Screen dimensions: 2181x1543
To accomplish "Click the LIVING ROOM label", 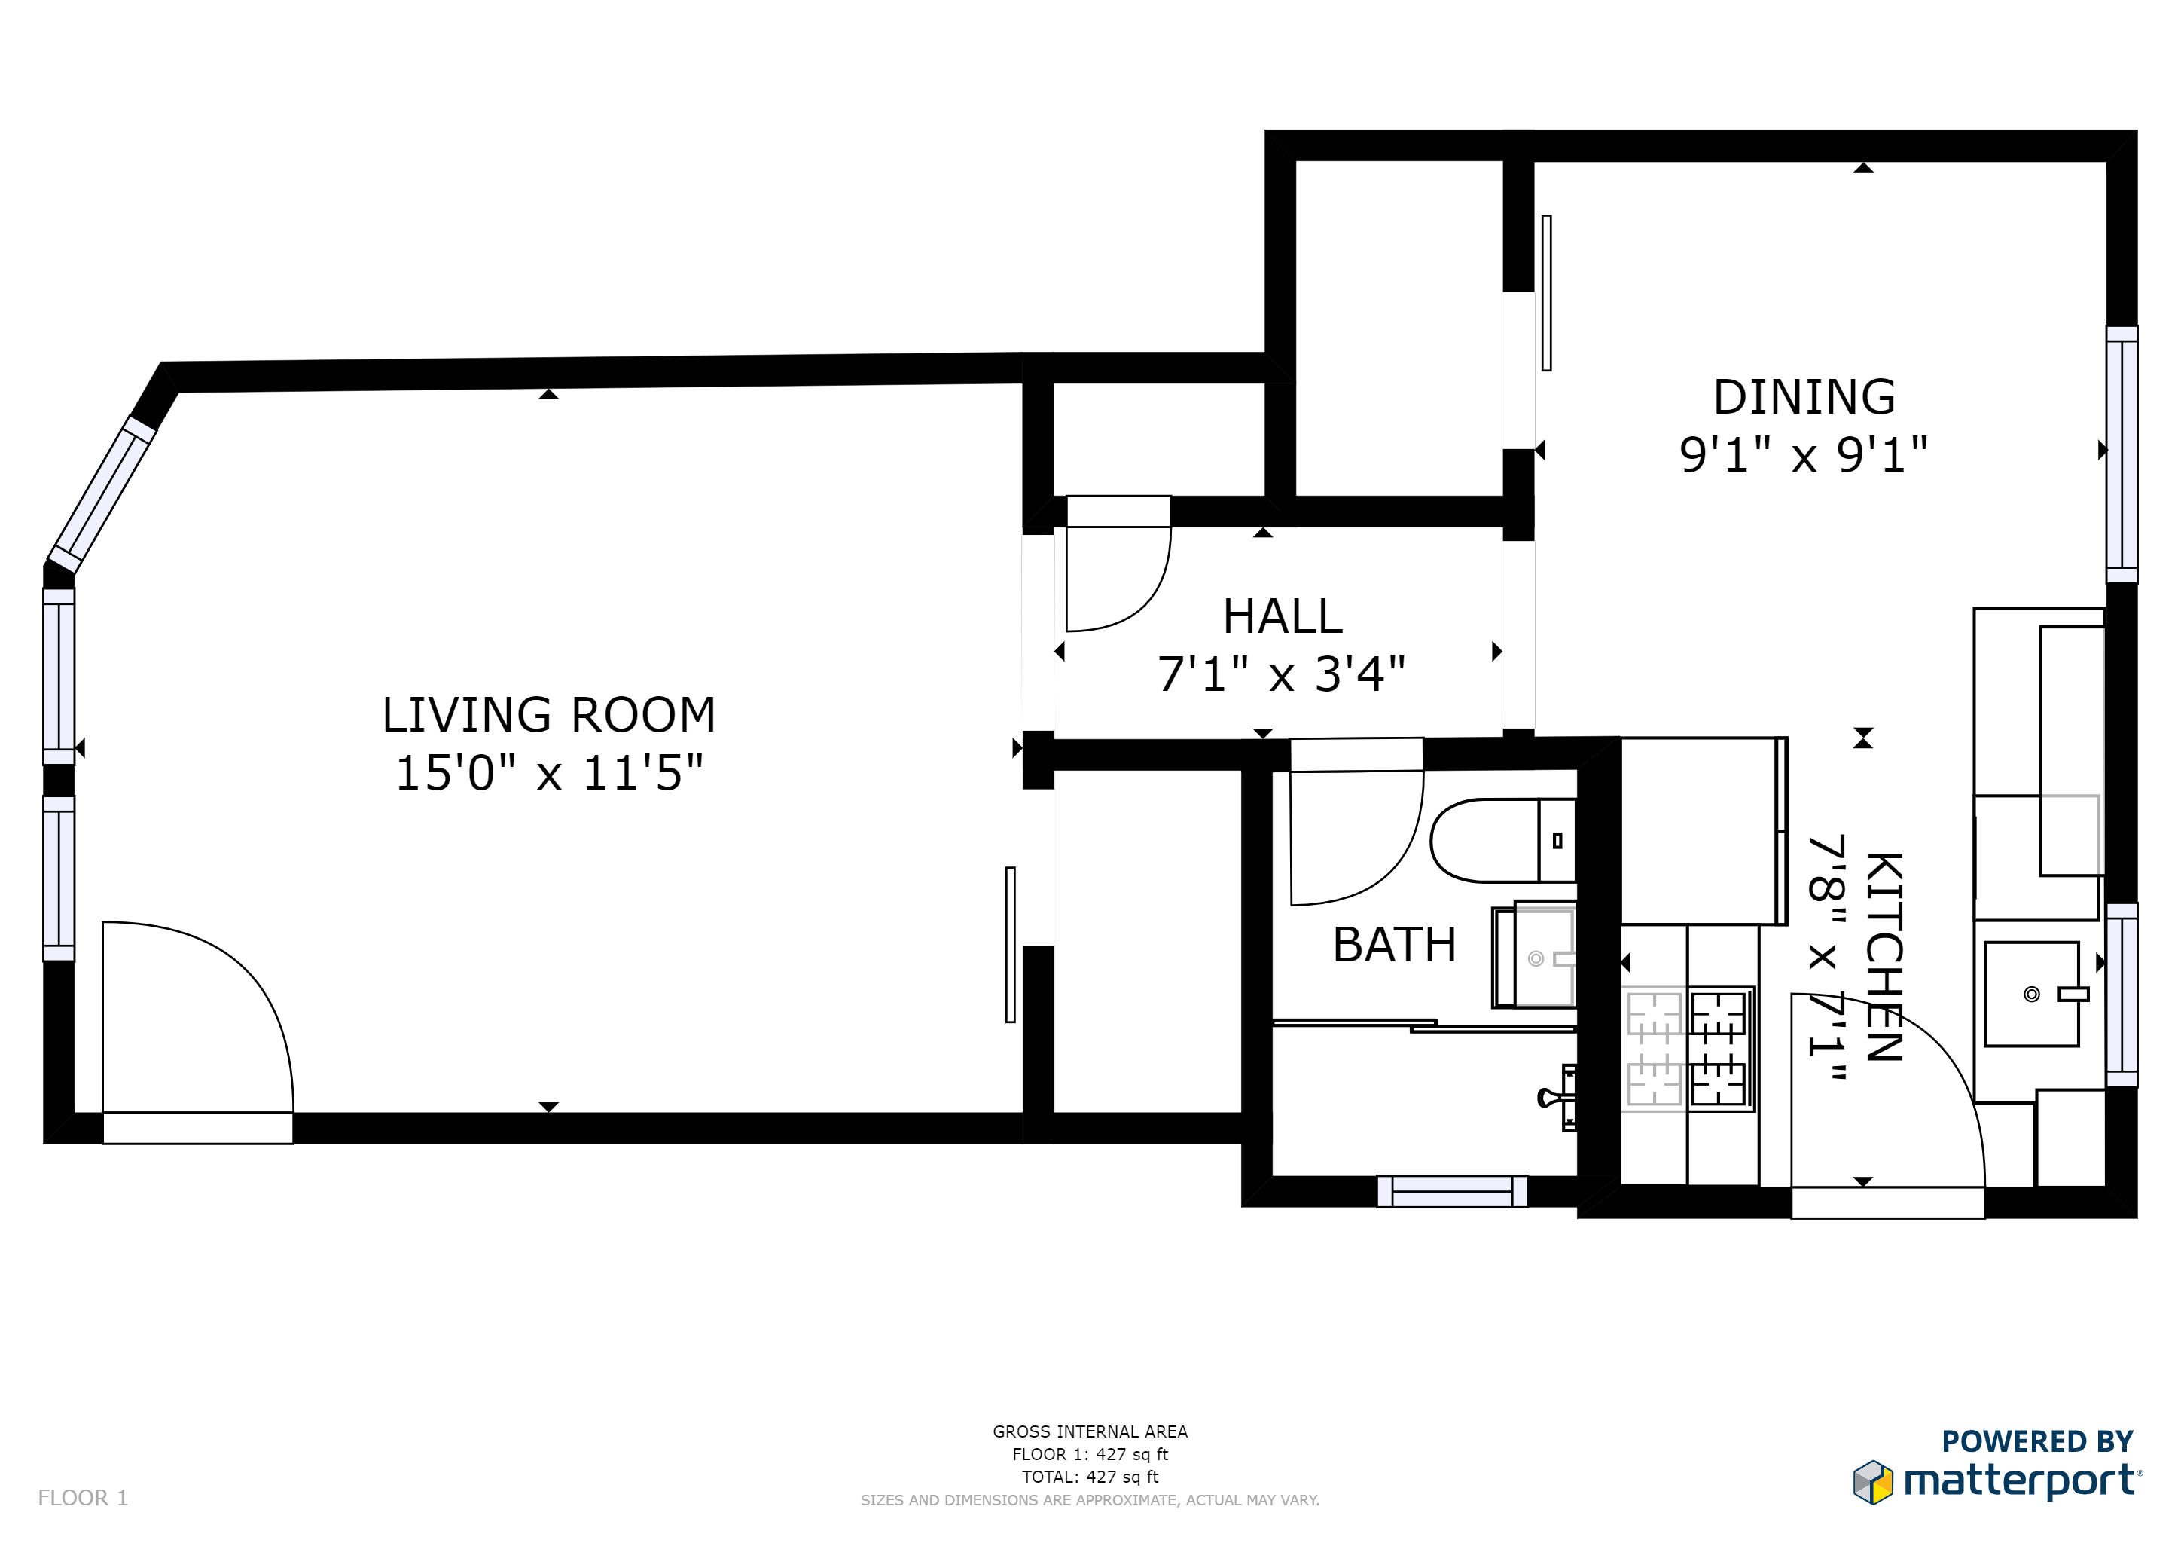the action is [549, 716].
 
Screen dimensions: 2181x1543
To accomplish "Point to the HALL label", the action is [1283, 616].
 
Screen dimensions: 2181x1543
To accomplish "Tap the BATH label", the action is [1395, 945].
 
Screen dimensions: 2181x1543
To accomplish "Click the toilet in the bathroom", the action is [1502, 840].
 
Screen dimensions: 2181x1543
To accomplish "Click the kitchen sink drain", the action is [2032, 995].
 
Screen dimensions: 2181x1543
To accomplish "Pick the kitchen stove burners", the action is [1690, 1049].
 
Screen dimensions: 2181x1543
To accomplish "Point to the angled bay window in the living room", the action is [102, 495].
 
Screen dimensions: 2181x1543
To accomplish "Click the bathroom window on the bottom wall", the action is [1453, 1191].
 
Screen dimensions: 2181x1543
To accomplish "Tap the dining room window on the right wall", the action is [2122, 454].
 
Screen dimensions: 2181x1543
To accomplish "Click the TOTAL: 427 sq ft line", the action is [1090, 1477].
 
